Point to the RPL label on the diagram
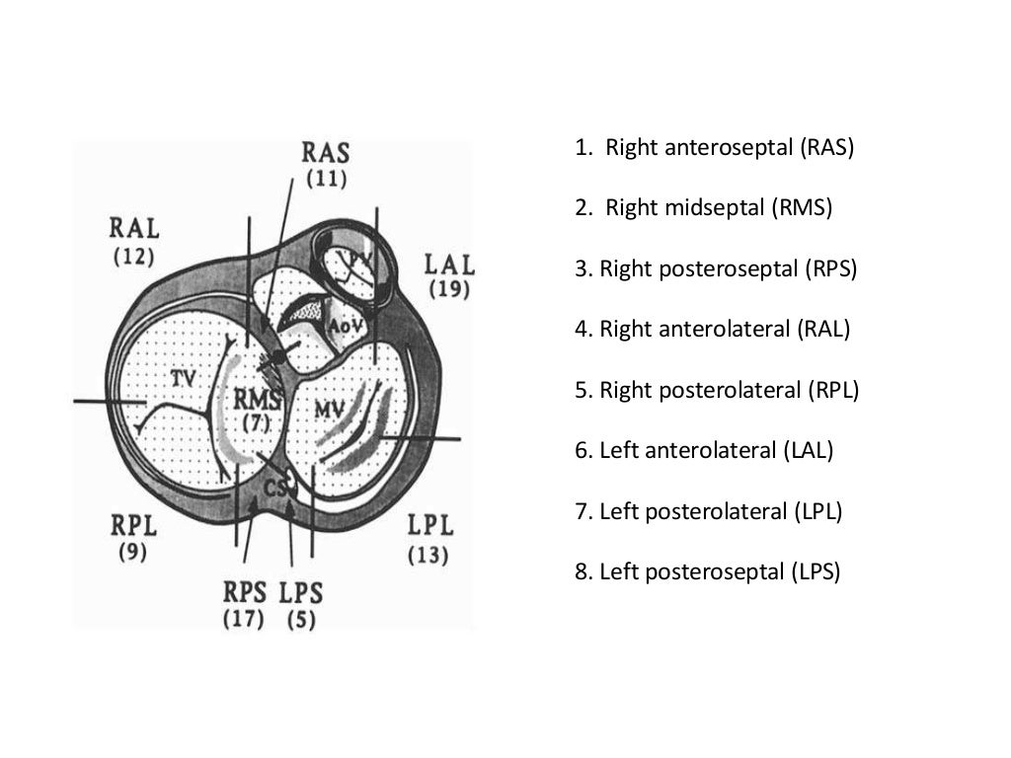click(133, 525)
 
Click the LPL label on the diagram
click(429, 525)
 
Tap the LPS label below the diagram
click(301, 592)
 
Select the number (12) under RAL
click(133, 257)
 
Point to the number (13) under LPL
click(428, 555)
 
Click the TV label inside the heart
click(182, 378)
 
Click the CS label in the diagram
click(277, 486)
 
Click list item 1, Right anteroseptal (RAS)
click(714, 148)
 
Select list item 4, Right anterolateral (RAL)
click(712, 329)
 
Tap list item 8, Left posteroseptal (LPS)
click(707, 571)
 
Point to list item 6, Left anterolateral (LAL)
click(704, 450)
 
